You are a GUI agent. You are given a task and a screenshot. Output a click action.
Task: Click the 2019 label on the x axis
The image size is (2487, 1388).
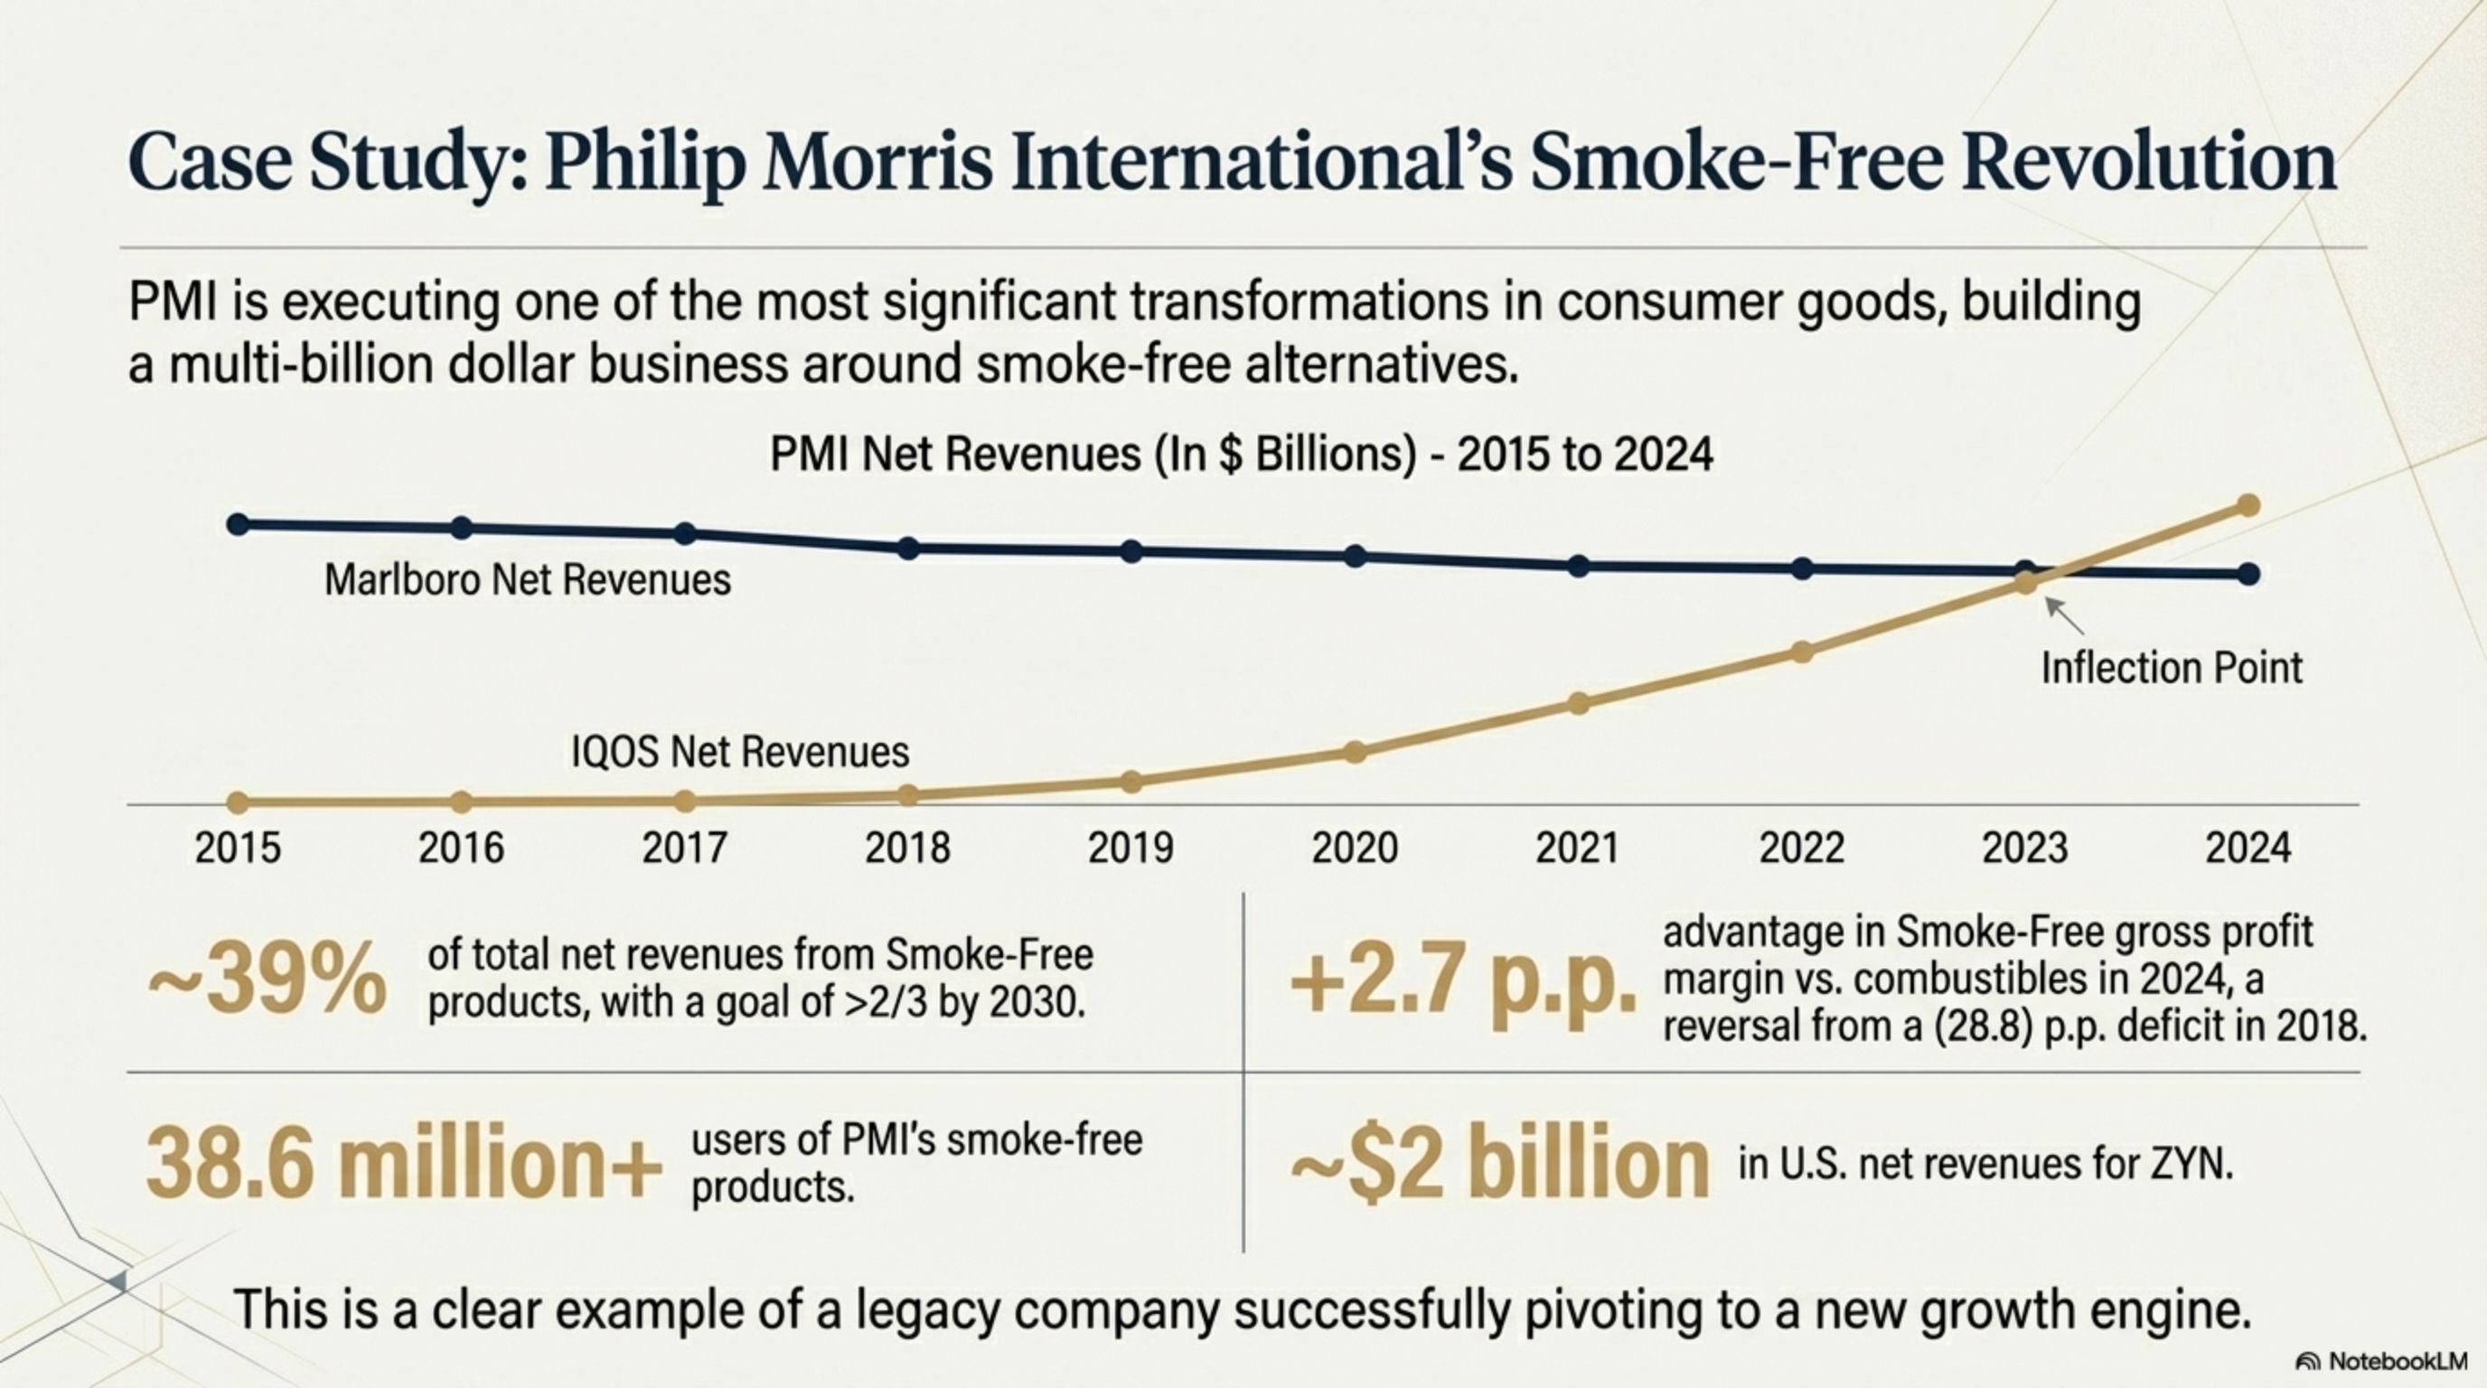pyautogui.click(x=1131, y=849)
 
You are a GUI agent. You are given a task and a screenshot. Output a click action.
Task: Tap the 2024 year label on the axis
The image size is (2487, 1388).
pyautogui.click(x=2248, y=849)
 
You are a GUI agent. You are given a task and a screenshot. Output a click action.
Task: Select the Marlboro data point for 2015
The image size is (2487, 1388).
pyautogui.click(x=239, y=524)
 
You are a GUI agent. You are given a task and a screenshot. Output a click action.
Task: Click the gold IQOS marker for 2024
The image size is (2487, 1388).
pyautogui.click(x=2248, y=505)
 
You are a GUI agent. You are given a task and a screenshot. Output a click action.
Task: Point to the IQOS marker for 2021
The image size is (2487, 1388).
pyautogui.click(x=1579, y=704)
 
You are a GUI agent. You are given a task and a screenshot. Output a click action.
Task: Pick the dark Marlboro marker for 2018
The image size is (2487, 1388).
pyautogui.click(x=908, y=549)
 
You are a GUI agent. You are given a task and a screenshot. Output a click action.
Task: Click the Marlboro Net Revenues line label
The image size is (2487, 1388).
pyautogui.click(x=527, y=580)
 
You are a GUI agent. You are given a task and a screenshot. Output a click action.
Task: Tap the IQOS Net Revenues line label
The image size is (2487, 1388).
pyautogui.click(x=739, y=752)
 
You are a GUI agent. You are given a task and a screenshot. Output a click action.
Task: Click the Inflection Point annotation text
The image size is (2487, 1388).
pyautogui.click(x=2172, y=668)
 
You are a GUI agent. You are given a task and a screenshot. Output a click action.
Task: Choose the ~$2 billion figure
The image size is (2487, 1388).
pyautogui.click(x=1499, y=1165)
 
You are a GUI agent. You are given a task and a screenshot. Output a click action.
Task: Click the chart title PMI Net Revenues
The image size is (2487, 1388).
pyautogui.click(x=1241, y=454)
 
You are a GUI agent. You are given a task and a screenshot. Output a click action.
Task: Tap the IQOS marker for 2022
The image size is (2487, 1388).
pyautogui.click(x=1801, y=652)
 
